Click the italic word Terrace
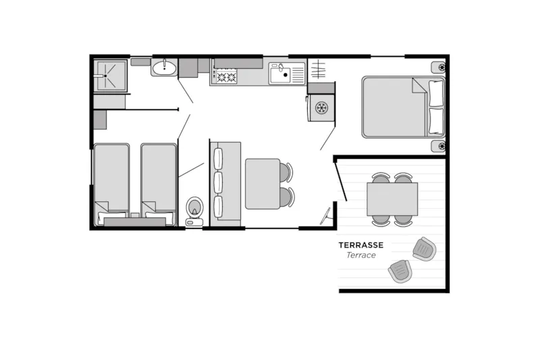tap(361, 255)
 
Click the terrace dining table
tap(391, 199)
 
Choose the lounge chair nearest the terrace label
tap(425, 249)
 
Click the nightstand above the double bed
tap(437, 68)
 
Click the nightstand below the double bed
tap(437, 146)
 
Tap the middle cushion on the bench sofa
tap(218, 182)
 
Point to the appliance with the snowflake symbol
tap(321, 107)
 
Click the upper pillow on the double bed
tap(436, 93)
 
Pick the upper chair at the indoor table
tap(286, 172)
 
